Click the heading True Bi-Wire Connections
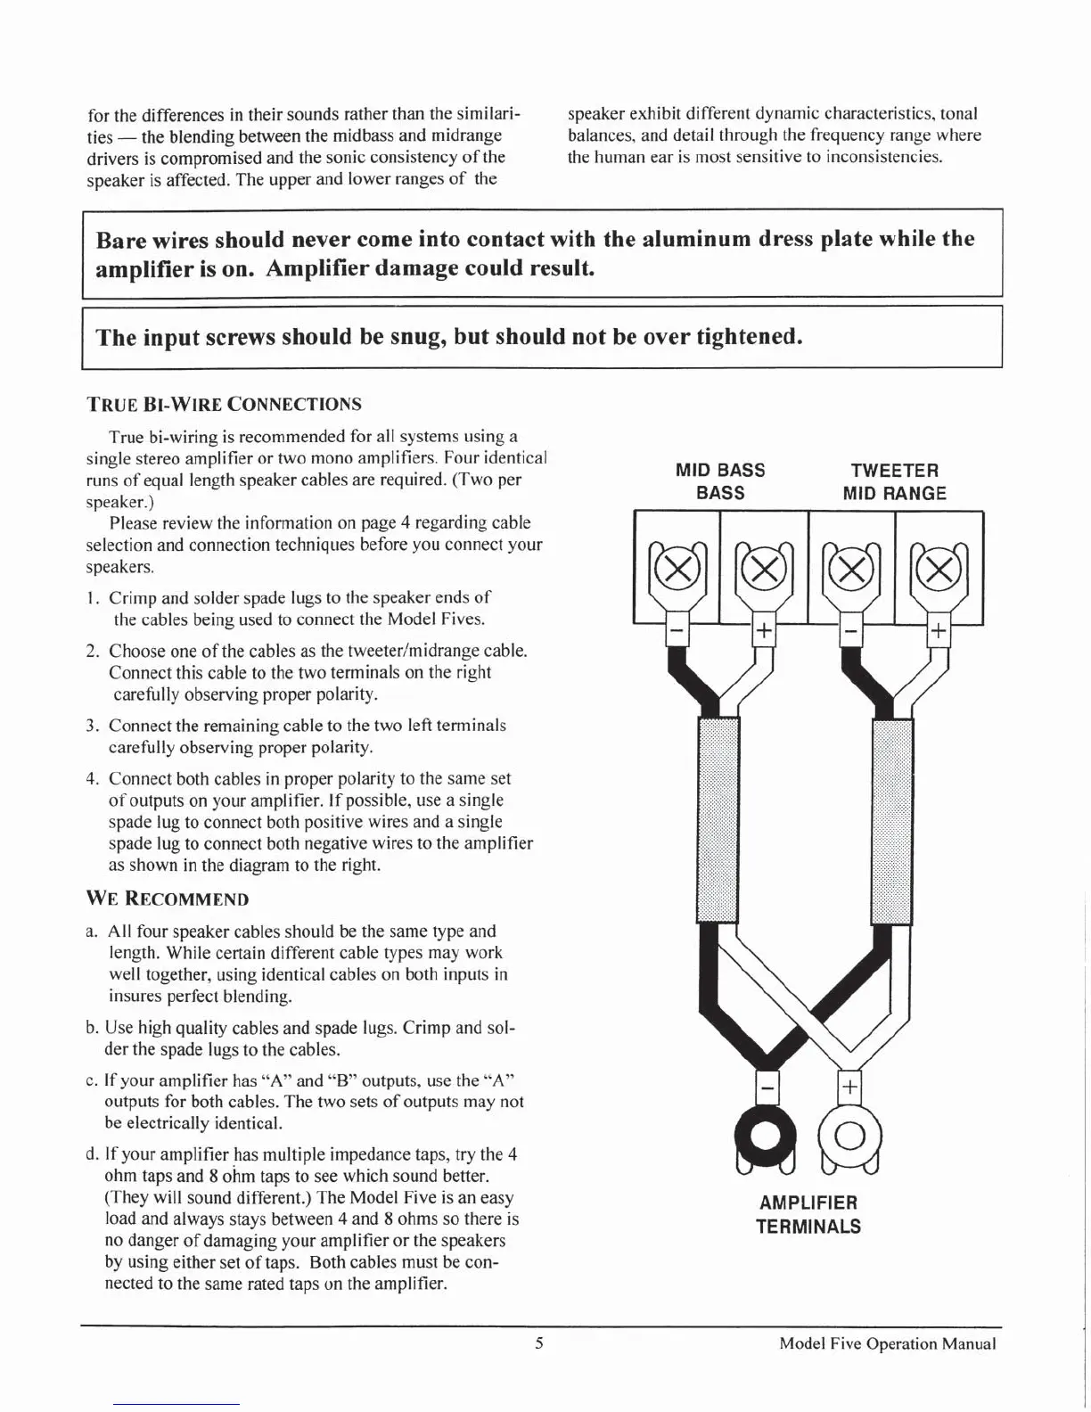coord(224,404)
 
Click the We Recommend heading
coord(168,899)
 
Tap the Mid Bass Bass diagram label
coord(720,481)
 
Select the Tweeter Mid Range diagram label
coord(895,481)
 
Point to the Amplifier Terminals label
coord(808,1214)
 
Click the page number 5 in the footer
coord(539,1343)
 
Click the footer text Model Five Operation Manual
coord(887,1344)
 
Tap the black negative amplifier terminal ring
coord(764,1134)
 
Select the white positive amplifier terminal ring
coord(849,1134)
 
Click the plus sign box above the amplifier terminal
coord(850,1087)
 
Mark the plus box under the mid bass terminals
coord(763,632)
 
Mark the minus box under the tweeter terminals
coord(851,632)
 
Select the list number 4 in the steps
coord(92,779)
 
